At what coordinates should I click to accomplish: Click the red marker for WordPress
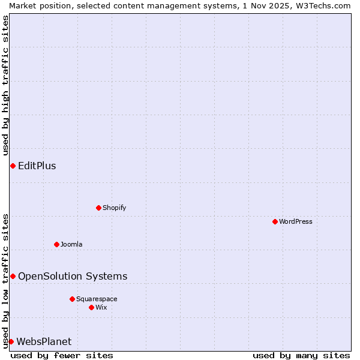click(x=275, y=221)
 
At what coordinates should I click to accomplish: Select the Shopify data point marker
click(x=98, y=208)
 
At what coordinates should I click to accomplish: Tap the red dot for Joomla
click(x=56, y=244)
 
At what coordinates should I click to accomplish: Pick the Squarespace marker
click(x=72, y=299)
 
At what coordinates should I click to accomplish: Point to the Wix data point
click(x=91, y=307)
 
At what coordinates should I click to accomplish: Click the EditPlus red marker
click(x=13, y=166)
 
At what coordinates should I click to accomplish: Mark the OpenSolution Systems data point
click(x=13, y=276)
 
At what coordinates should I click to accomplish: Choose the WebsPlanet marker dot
click(x=11, y=341)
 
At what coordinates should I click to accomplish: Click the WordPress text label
click(x=296, y=221)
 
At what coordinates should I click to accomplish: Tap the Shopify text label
click(x=114, y=208)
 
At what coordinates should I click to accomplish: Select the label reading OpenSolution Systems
click(x=73, y=276)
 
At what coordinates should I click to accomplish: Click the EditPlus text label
click(x=37, y=166)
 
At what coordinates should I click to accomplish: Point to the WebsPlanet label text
click(x=44, y=341)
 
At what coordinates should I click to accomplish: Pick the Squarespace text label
click(x=97, y=299)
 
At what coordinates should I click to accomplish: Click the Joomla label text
click(x=71, y=244)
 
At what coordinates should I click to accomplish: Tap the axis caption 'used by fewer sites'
click(x=62, y=355)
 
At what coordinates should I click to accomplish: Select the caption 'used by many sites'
click(x=301, y=355)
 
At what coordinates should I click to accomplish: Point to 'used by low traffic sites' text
click(x=5, y=280)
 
